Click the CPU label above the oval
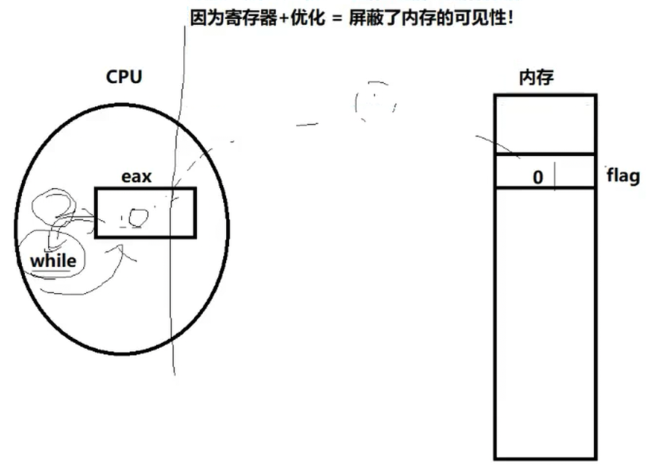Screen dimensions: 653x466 tap(123, 77)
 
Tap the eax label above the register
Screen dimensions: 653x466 tap(136, 176)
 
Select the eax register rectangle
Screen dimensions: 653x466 tap(145, 212)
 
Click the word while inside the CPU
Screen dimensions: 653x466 tap(53, 260)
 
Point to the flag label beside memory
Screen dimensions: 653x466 tap(623, 176)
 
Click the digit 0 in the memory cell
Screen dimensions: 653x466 tap(538, 177)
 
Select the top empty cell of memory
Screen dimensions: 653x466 tap(545, 124)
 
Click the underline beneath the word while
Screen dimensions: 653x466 tap(51, 271)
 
